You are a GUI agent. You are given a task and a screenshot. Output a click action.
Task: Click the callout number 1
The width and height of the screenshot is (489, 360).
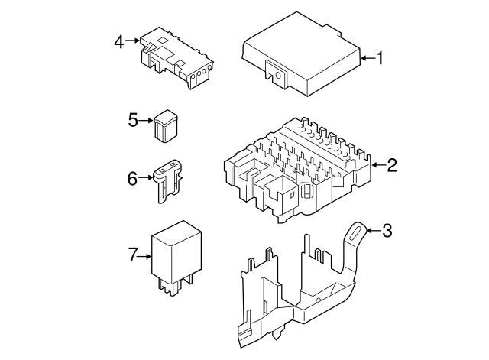tap(379, 58)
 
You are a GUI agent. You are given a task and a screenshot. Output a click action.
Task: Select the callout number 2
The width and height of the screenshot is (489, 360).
tap(392, 165)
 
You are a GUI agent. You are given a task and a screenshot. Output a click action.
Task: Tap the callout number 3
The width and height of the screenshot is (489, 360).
tap(387, 231)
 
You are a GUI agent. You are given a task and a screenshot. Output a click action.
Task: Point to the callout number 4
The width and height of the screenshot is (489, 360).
tap(119, 42)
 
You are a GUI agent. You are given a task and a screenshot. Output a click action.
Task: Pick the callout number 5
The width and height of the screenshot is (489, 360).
tap(133, 120)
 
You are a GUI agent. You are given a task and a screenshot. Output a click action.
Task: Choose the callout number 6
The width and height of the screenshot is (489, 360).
tap(132, 179)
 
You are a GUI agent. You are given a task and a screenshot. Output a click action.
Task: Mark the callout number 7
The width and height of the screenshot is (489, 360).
tap(132, 255)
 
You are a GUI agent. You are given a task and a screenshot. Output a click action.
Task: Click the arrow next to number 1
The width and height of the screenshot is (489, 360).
tap(368, 58)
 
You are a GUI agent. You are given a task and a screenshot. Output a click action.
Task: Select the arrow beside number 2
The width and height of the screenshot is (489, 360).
tap(379, 165)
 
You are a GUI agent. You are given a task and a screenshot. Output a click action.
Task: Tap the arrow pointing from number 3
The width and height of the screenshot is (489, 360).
tap(374, 231)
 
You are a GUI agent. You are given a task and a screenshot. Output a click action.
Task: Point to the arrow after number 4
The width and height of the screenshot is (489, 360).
tap(132, 41)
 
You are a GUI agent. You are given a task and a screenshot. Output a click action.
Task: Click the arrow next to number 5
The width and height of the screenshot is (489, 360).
tap(146, 120)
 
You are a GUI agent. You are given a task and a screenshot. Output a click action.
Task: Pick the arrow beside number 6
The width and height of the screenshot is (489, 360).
tap(146, 177)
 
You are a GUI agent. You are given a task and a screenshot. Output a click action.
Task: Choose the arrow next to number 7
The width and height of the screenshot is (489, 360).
tap(144, 256)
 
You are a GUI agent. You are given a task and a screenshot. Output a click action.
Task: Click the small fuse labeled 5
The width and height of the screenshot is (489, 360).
tap(166, 126)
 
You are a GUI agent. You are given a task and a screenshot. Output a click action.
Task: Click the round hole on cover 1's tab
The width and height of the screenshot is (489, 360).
tap(278, 76)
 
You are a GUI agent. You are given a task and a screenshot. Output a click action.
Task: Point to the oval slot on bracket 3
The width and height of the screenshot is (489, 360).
tap(357, 233)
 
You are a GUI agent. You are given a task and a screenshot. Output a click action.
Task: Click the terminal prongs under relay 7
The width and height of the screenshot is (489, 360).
tap(176, 285)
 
